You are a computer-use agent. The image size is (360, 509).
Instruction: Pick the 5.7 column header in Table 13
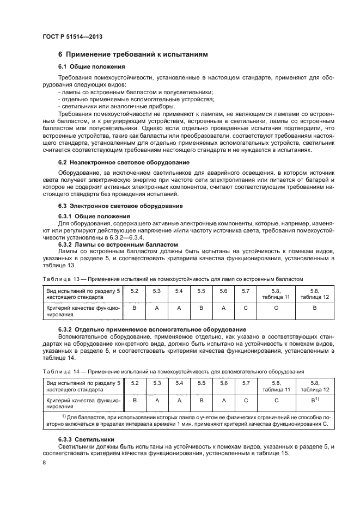[x=246, y=291]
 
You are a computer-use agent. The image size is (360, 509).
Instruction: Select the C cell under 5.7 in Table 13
[x=246, y=308]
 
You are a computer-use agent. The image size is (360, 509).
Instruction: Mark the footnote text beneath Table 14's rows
[x=189, y=420]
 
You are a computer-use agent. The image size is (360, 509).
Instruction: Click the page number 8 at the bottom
[x=45, y=462]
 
